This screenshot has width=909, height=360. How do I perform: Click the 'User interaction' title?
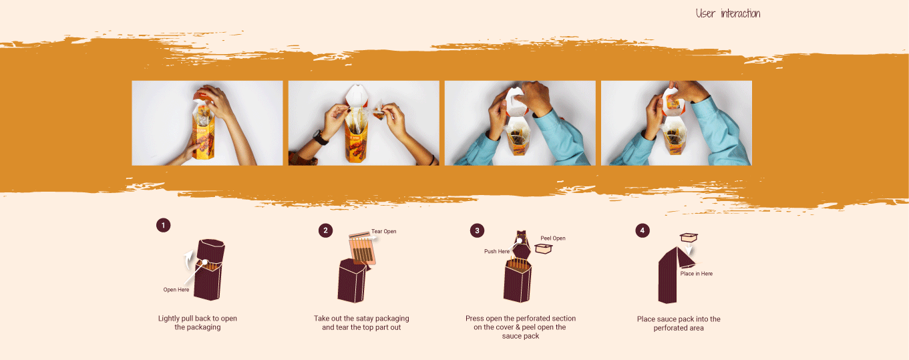pyautogui.click(x=728, y=13)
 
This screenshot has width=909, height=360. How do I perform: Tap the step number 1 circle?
pyautogui.click(x=163, y=225)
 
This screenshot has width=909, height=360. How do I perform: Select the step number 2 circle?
pyautogui.click(x=325, y=230)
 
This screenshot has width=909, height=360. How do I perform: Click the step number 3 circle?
pyautogui.click(x=478, y=230)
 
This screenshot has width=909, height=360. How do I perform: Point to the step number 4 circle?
pyautogui.click(x=643, y=230)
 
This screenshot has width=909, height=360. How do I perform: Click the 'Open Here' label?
pyautogui.click(x=176, y=290)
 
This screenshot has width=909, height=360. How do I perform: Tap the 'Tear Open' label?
pyautogui.click(x=384, y=231)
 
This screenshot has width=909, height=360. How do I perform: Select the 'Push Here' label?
pyautogui.click(x=497, y=251)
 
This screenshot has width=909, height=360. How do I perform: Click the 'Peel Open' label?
pyautogui.click(x=553, y=238)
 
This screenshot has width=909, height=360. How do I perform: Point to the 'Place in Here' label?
pyautogui.click(x=697, y=274)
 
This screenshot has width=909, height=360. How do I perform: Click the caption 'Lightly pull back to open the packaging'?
pyautogui.click(x=198, y=323)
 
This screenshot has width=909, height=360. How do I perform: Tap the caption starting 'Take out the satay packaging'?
pyautogui.click(x=361, y=323)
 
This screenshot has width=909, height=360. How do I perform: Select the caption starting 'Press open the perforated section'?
pyautogui.click(x=521, y=327)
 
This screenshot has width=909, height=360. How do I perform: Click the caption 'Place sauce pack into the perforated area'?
pyautogui.click(x=679, y=323)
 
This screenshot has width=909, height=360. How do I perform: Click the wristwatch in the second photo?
pyautogui.click(x=320, y=138)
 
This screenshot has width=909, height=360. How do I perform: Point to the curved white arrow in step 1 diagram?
pyautogui.click(x=187, y=260)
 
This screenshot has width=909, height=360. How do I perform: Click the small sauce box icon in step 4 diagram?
pyautogui.click(x=689, y=236)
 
